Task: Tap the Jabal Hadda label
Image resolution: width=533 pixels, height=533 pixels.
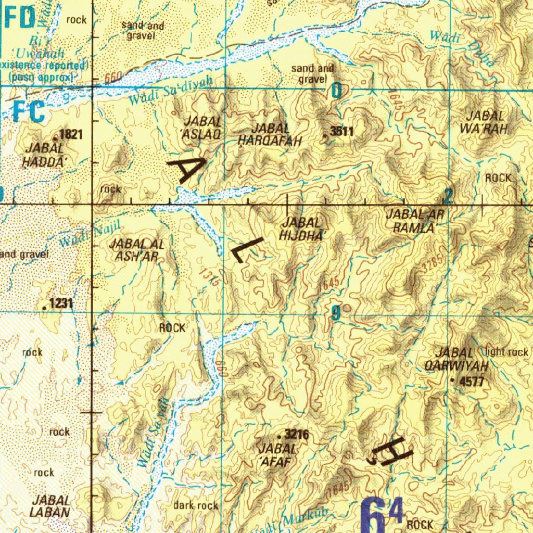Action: (44, 155)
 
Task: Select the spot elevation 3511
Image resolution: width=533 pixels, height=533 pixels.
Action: (342, 132)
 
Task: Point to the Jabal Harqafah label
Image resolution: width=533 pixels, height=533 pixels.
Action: (270, 134)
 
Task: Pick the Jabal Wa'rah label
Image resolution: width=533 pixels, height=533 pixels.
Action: (485, 123)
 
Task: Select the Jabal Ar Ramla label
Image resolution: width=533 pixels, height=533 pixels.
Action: (414, 221)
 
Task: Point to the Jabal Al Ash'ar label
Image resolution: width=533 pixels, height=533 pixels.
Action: (137, 250)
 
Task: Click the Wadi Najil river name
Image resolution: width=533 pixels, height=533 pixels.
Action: (90, 233)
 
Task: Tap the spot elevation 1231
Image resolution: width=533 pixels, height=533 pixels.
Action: (61, 304)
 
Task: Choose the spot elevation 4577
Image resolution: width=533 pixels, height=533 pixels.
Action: (472, 382)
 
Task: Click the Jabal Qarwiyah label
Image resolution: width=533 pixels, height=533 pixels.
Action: (456, 360)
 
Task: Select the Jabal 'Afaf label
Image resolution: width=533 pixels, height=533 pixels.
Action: (277, 454)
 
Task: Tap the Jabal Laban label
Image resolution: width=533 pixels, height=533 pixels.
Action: (50, 506)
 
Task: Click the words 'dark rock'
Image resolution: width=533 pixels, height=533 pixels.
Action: (196, 505)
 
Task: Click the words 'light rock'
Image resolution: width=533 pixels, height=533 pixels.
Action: (506, 352)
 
